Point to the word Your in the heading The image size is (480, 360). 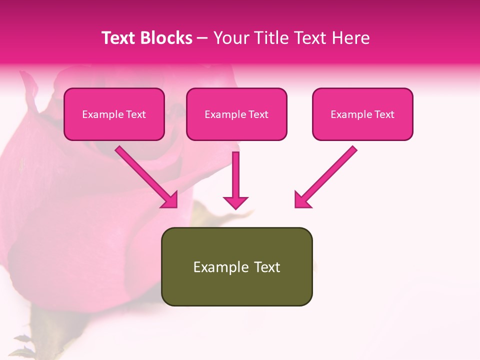click(x=229, y=38)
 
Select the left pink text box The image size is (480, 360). click(x=114, y=114)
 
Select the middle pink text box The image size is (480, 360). click(x=236, y=114)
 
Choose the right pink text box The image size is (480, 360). click(x=362, y=114)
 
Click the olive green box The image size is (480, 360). click(x=236, y=266)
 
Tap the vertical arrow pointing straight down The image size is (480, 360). click(x=235, y=177)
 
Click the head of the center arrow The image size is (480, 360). click(x=235, y=202)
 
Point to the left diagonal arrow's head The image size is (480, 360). click(x=170, y=200)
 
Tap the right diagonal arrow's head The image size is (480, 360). click(x=301, y=200)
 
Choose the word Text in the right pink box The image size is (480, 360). click(x=384, y=114)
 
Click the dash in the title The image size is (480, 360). click(x=203, y=38)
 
